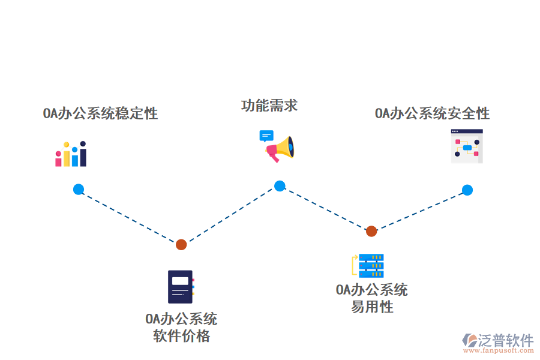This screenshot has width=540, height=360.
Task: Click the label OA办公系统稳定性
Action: point(100,113)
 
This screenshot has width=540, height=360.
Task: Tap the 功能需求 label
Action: point(269,106)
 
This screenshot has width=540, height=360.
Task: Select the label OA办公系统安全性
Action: point(432,113)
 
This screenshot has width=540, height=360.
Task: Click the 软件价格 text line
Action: point(181,336)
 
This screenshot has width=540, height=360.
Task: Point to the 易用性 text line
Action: point(372,307)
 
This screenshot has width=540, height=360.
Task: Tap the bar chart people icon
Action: point(71,155)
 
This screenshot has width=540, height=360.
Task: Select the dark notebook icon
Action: point(181,287)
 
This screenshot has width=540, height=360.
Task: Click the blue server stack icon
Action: point(371,265)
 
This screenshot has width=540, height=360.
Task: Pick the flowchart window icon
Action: point(467,146)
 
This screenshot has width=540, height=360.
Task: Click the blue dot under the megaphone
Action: point(280,186)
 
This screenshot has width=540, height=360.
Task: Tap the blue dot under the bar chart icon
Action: point(79,189)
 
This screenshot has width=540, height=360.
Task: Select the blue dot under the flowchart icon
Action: point(467,190)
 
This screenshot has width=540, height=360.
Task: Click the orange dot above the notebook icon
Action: point(181,244)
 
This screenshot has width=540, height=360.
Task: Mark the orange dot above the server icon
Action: point(371,231)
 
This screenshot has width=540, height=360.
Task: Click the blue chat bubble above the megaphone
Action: point(266,136)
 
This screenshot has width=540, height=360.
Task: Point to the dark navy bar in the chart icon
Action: point(83,157)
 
